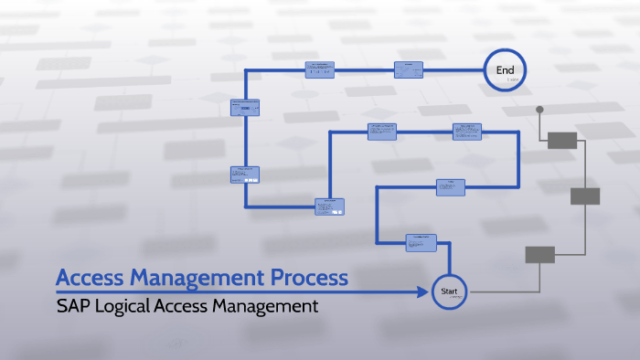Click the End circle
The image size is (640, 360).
[506, 70]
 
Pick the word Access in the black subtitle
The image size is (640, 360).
[187, 306]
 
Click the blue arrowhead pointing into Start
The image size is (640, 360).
[423, 292]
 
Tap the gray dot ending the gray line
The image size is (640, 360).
[539, 110]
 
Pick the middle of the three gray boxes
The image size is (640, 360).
[585, 196]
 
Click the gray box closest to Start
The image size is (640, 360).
[539, 255]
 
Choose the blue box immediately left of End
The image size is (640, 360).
[409, 69]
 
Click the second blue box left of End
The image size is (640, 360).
[319, 69]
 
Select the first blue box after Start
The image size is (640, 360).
[421, 242]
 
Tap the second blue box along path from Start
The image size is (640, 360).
[451, 186]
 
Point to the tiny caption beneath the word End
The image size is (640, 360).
[512, 80]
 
